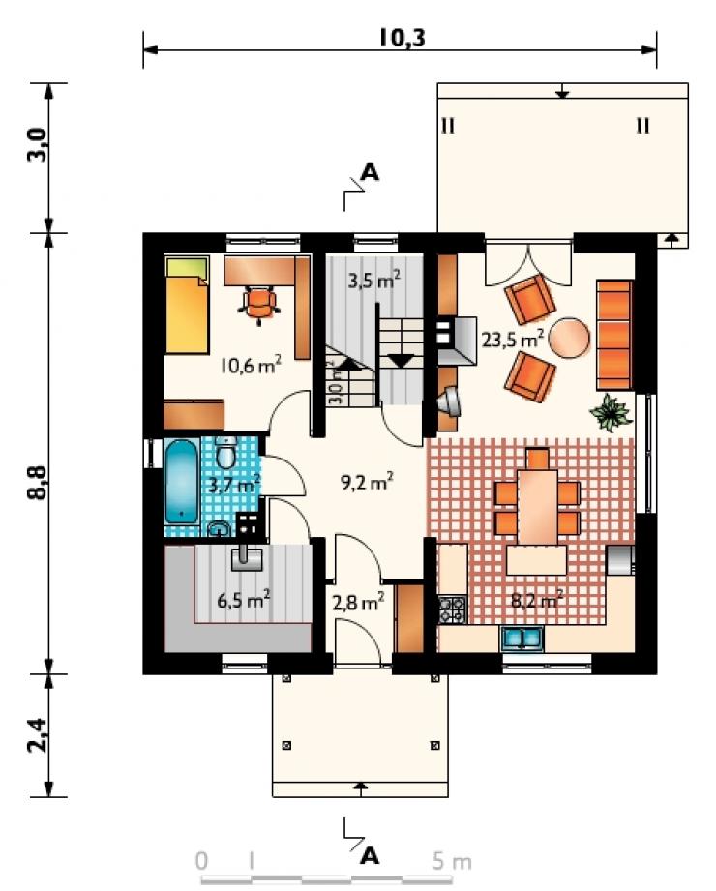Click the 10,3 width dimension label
(x=402, y=38)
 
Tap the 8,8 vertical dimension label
(x=37, y=483)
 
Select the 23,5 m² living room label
(x=513, y=339)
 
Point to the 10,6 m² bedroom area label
(x=251, y=365)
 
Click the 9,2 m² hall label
(x=367, y=482)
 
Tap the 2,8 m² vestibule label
(x=358, y=602)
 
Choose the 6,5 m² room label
(x=243, y=600)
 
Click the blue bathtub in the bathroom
(x=181, y=482)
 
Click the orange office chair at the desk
(x=260, y=304)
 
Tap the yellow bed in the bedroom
(x=187, y=305)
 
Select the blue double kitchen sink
(x=522, y=639)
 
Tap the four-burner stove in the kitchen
(x=452, y=609)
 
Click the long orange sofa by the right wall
(x=614, y=335)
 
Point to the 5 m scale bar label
(x=452, y=862)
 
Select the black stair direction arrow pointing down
(x=402, y=360)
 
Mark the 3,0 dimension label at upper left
(x=37, y=144)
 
